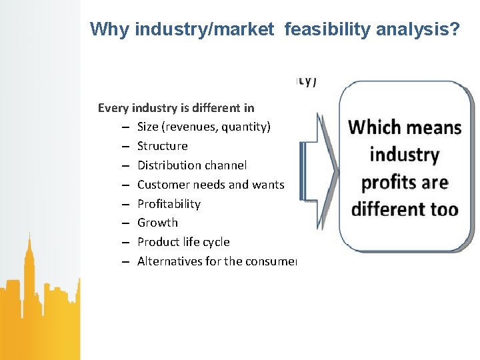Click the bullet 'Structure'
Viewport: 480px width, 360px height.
click(x=162, y=146)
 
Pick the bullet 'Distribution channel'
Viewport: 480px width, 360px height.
click(x=191, y=165)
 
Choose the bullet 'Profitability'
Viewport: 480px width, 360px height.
click(x=169, y=204)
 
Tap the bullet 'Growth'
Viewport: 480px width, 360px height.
click(x=157, y=223)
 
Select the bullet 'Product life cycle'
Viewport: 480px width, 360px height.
click(x=183, y=242)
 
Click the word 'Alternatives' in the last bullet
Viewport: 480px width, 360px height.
click(x=169, y=261)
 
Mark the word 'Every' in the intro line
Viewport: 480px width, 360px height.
click(x=113, y=107)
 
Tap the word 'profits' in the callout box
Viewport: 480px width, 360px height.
click(x=387, y=182)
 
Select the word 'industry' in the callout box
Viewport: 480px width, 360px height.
click(x=404, y=155)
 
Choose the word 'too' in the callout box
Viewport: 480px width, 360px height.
click(x=444, y=209)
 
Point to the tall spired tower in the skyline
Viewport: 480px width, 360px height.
click(x=29, y=267)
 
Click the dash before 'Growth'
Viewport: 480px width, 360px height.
click(x=125, y=223)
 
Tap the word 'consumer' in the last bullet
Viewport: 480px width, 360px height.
click(x=271, y=261)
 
